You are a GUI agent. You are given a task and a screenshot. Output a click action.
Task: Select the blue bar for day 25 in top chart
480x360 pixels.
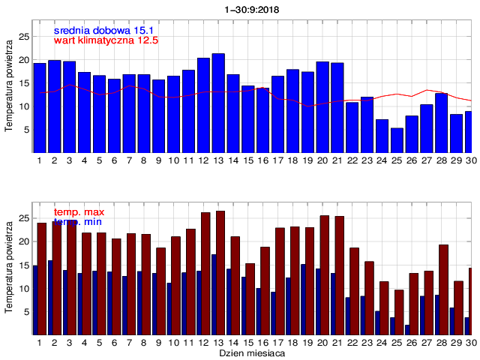pyautogui.click(x=397, y=140)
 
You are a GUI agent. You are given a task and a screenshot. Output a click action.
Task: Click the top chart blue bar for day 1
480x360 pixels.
pyautogui.click(x=40, y=108)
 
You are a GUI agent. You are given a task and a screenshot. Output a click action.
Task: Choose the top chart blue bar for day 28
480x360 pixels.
pyautogui.click(x=441, y=123)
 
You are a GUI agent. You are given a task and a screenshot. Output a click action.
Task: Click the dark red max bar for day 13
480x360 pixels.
pyautogui.click(x=220, y=273)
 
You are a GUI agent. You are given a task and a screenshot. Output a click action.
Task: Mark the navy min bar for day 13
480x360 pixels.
pyautogui.click(x=213, y=295)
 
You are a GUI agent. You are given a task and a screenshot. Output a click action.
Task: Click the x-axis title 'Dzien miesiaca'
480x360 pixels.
pyautogui.click(x=252, y=352)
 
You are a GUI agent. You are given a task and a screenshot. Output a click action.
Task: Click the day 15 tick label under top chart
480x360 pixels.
pyautogui.click(x=247, y=160)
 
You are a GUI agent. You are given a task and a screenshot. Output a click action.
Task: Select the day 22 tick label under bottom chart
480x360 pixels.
pyautogui.click(x=352, y=342)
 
